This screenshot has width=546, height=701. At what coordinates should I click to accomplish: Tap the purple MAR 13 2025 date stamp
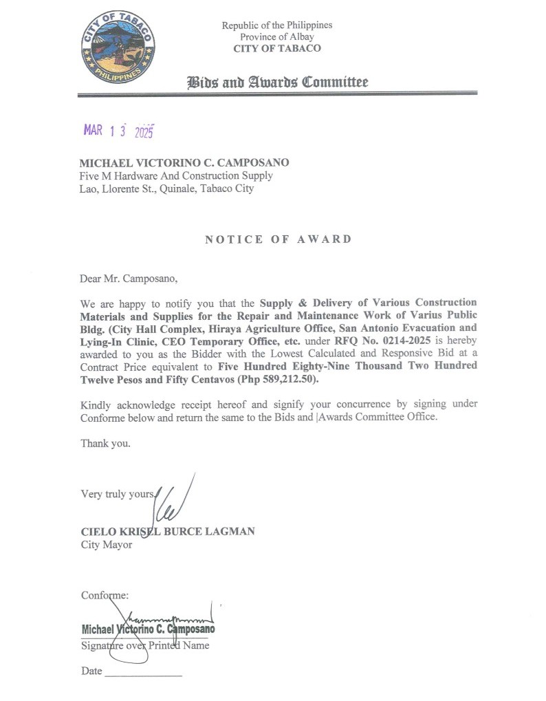[x=119, y=131]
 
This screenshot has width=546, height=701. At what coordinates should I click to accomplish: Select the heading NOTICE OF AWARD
[x=278, y=239]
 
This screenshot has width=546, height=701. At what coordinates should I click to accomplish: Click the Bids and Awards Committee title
[x=278, y=83]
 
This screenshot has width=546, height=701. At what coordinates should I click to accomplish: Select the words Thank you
[x=105, y=443]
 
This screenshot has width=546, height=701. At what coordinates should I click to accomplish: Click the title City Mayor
[x=106, y=545]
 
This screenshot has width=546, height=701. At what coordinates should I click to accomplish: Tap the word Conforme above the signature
[x=105, y=595]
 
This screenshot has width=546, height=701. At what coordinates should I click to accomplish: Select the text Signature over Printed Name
[x=145, y=646]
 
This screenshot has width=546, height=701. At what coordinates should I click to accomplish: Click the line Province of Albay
[x=276, y=36]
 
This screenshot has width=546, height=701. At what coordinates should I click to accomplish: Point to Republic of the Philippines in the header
[x=276, y=25]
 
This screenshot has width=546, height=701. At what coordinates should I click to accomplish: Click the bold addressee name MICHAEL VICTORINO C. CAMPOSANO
[x=184, y=163]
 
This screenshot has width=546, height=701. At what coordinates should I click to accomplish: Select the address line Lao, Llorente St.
[x=167, y=188]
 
